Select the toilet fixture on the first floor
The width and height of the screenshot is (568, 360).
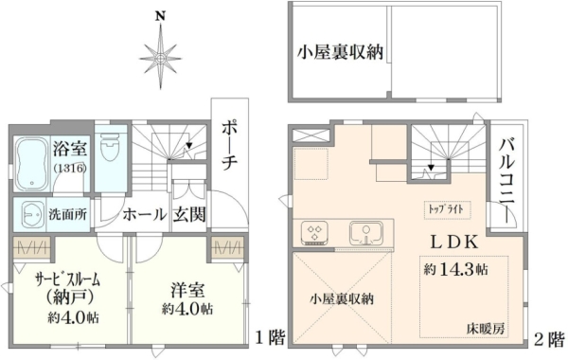coord(110,149)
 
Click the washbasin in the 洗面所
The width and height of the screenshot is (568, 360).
coord(31,215)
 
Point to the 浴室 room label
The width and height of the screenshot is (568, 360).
coord(69,149)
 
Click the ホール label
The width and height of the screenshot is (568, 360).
coord(144,215)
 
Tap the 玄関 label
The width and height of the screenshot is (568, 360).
coord(188,215)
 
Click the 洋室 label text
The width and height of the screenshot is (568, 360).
coord(187,291)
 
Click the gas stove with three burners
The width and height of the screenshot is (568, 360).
coord(314,232)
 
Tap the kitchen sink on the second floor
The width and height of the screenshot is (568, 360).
coord(366,233)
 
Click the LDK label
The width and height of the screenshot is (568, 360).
coord(454,243)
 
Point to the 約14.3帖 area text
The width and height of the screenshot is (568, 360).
coord(455,269)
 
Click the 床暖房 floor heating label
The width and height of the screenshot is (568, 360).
coord(485,330)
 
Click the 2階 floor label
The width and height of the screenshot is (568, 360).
coord(548,339)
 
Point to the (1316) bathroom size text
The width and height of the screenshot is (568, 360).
coord(69,169)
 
